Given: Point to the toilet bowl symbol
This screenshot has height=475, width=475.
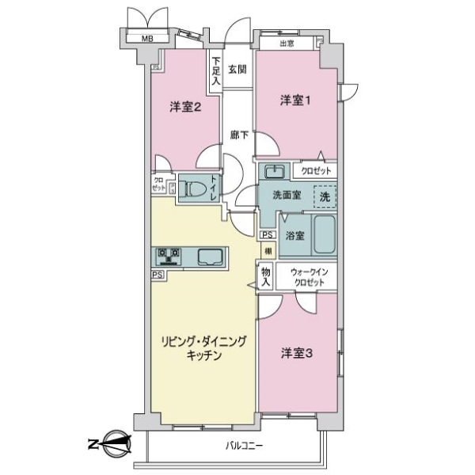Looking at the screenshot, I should click(193, 188).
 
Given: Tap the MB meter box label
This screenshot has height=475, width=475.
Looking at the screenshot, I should click(147, 39).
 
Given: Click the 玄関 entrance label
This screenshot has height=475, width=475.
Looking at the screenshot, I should click(237, 69).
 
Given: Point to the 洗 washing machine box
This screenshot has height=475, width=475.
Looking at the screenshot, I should click(325, 196).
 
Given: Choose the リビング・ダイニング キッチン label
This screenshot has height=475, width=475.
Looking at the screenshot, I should click(204, 348).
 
